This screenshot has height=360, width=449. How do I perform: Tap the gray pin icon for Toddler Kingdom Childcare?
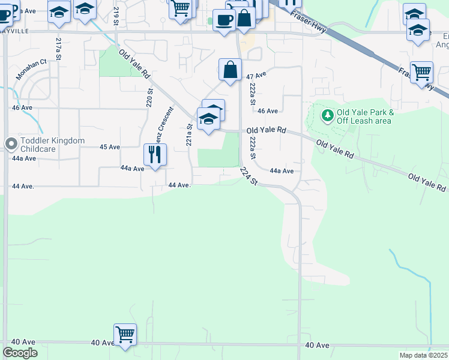(x=11, y=143)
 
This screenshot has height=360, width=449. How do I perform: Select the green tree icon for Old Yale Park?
(x=327, y=115)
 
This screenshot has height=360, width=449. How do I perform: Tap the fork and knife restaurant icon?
(x=155, y=155)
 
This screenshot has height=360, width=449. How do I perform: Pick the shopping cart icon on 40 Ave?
(x=125, y=335)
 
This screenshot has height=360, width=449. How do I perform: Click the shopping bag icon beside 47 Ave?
(x=231, y=70)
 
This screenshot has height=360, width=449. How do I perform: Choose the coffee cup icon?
(x=224, y=20)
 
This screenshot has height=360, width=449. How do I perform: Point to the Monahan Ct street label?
(x=31, y=62)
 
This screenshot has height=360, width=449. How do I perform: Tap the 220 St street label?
(x=150, y=97)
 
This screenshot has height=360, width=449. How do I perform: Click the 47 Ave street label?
(x=256, y=76)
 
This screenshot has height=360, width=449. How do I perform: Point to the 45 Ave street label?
(x=110, y=147)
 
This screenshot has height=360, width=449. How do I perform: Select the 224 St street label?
(x=248, y=176)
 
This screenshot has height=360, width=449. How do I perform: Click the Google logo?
(x=20, y=353)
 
